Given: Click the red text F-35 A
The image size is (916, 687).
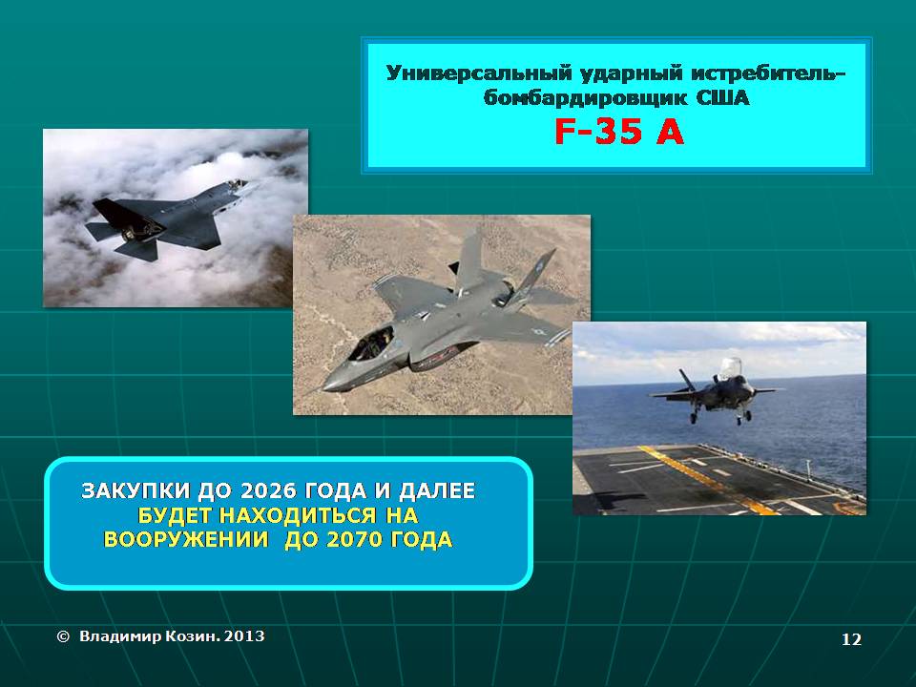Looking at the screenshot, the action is pos(618,131).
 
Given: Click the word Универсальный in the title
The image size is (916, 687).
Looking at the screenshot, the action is pos(477,73).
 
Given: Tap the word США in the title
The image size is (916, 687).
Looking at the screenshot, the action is pos(722,97).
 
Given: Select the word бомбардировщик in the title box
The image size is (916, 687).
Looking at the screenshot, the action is pos(586,97).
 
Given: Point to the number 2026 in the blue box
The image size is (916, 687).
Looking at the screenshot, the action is pos(267,490).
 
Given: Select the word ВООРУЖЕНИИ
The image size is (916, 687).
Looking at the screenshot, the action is pos(186,540).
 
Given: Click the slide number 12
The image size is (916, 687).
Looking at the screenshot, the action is pos(851,639).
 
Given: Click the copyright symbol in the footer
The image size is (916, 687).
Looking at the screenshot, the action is pos(63,636).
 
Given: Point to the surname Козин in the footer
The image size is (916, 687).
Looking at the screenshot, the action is pos(192,636).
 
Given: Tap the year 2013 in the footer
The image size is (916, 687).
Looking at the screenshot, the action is pos(244,636).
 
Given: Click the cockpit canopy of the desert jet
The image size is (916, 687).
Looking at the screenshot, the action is pos(371,343).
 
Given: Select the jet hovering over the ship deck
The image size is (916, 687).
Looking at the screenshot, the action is pos(718,389).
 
